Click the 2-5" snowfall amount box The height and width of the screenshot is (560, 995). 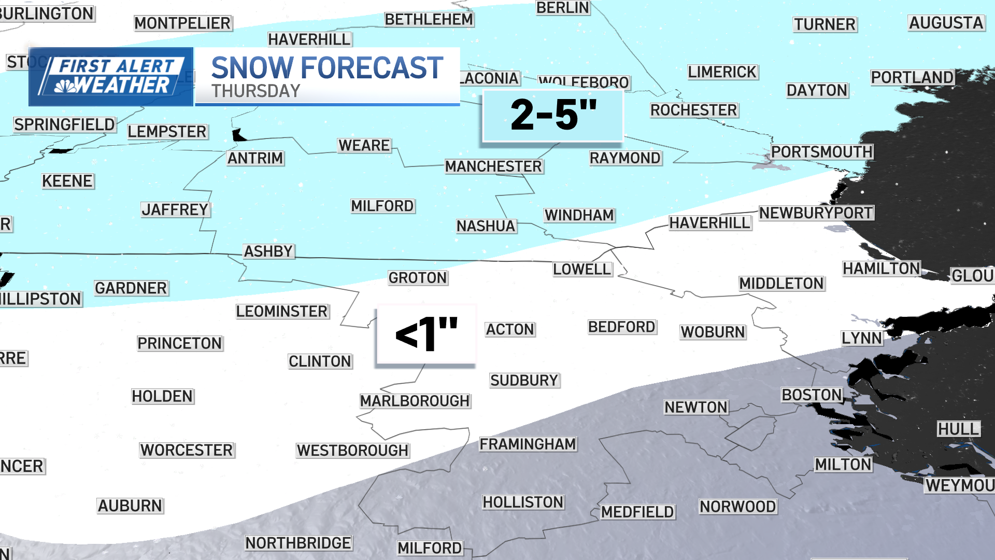tap(553, 116)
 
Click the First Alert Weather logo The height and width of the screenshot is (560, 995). tap(111, 77)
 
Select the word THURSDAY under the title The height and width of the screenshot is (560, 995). tap(255, 91)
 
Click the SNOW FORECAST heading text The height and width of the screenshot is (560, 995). tap(327, 68)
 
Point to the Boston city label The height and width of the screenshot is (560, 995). tap(812, 395)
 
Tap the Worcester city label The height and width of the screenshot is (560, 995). tap(187, 450)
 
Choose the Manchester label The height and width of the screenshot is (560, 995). tap(493, 166)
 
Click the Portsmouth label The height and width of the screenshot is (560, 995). tap(822, 152)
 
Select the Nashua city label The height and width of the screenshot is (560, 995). tap(486, 226)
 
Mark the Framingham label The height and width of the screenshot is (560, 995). tap(528, 444)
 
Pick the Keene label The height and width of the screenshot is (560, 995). tap(67, 181)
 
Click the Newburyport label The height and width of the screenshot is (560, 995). tap(816, 213)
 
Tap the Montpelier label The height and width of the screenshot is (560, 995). tap(182, 23)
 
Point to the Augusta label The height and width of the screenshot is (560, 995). tap(946, 23)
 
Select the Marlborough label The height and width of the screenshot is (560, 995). tap(415, 401)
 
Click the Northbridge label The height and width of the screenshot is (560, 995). tap(298, 543)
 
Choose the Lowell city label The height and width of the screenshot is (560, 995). tap(582, 269)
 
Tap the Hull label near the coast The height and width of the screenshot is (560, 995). tap(958, 429)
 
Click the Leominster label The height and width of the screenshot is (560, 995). tap(282, 311)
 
